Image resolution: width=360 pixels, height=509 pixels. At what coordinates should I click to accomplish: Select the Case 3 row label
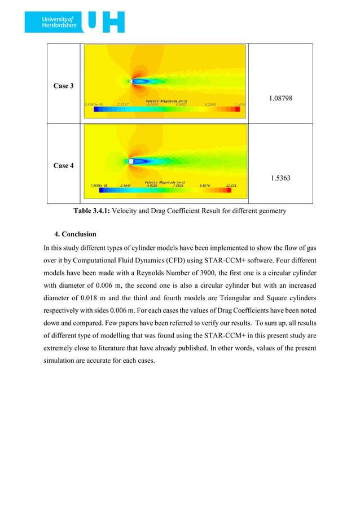point(63,86)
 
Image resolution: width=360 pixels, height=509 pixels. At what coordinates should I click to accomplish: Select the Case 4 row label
point(63,166)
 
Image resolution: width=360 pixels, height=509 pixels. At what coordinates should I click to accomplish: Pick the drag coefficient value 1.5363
point(280,178)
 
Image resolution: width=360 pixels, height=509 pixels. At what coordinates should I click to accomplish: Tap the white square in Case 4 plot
point(131,161)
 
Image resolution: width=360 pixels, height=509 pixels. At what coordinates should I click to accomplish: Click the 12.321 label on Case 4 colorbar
point(231,185)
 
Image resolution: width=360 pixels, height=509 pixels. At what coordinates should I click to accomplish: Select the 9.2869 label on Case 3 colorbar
point(212,104)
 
